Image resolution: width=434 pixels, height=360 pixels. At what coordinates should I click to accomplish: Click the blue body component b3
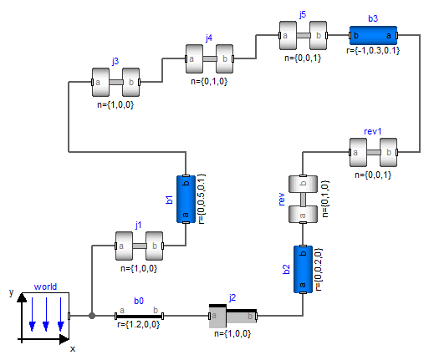tap(373, 37)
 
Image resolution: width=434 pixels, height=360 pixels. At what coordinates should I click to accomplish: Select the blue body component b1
tap(185, 200)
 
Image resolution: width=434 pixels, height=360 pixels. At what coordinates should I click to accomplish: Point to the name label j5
tap(302, 15)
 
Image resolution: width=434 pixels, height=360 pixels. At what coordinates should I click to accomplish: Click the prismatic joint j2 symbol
tap(233, 316)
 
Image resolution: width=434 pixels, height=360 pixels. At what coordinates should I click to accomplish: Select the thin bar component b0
tap(139, 316)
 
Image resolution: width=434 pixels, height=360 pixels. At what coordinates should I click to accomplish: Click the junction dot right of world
tap(92, 316)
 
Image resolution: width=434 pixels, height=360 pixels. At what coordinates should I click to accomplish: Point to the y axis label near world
tap(11, 293)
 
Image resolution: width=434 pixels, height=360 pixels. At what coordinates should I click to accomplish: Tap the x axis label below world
tap(72, 348)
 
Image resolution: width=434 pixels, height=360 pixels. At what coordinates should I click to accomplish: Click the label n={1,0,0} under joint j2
tap(233, 333)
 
